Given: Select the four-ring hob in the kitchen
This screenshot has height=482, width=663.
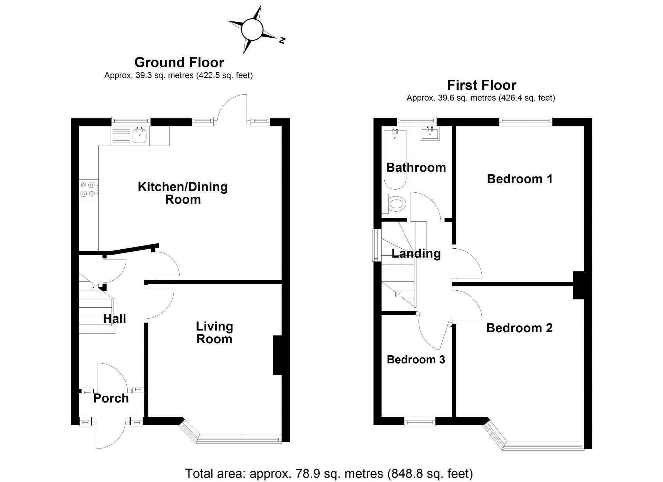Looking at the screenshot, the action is click(88, 190).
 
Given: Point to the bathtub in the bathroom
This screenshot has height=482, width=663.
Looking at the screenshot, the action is click(395, 159).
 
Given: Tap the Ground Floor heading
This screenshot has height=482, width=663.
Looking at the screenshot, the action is click(179, 62).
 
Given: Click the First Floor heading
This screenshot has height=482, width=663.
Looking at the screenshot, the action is click(481, 85).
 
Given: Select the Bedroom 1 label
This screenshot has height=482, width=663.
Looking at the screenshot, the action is click(520, 179).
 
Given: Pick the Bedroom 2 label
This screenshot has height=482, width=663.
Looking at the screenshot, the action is click(519, 328).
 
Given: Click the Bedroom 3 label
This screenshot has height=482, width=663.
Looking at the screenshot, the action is click(416, 359).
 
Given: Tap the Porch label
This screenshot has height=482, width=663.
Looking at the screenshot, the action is click(111, 398).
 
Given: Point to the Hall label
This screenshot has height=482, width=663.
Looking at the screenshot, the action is click(115, 319).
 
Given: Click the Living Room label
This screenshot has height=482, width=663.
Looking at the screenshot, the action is click(214, 332).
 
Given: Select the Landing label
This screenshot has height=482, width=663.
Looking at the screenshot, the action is click(416, 253).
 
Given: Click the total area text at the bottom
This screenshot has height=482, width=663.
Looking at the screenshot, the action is click(329, 473).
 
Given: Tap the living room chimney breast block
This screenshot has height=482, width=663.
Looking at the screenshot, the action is click(278, 355).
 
